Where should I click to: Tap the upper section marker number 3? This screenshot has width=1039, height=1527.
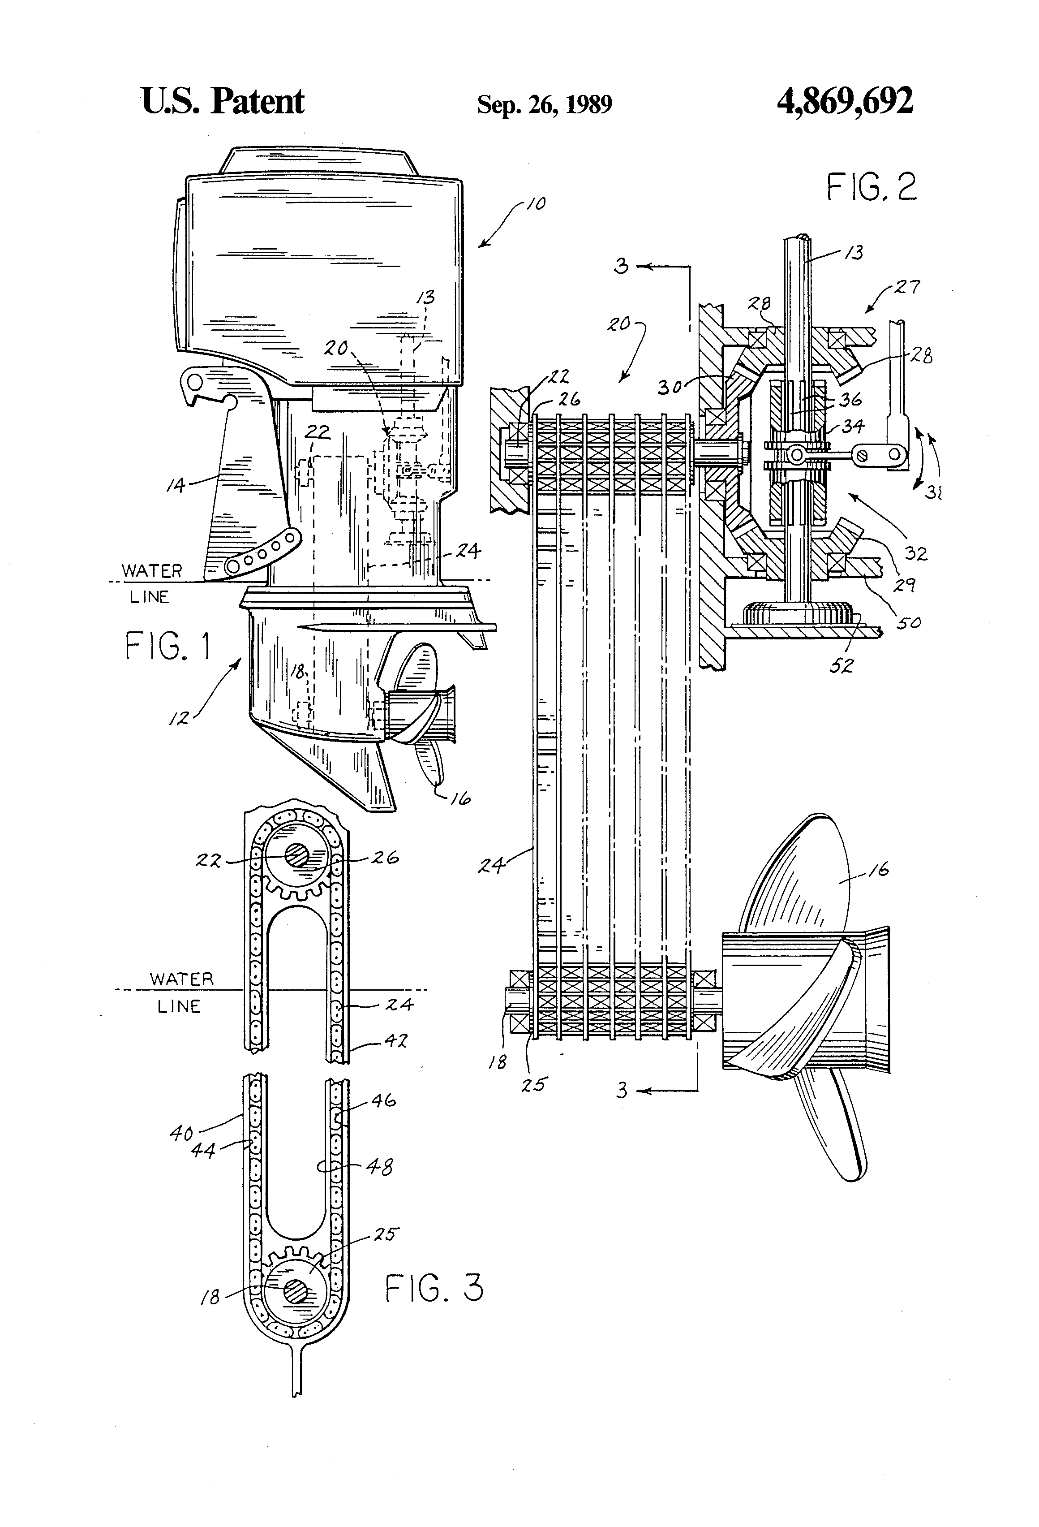[621, 266]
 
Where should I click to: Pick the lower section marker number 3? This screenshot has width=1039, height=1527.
[621, 1090]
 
